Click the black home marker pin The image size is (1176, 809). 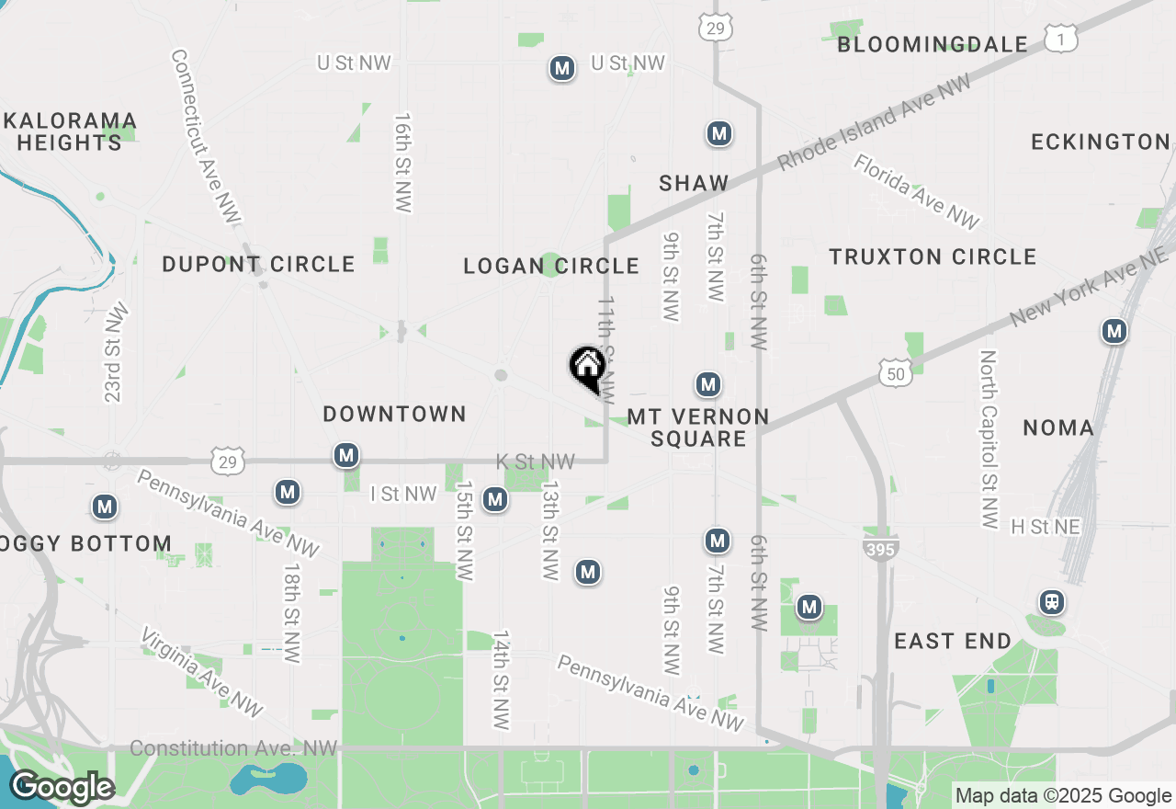587,368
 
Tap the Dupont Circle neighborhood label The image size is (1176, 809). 258,265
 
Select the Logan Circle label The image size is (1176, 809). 551,267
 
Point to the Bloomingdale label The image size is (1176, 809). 933,44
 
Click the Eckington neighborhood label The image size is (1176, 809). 1101,142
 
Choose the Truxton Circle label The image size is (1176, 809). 933,256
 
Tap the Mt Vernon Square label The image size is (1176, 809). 698,427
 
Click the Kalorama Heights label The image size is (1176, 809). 70,131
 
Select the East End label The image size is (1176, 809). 953,641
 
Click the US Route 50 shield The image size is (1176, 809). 895,372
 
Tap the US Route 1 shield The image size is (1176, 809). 1061,39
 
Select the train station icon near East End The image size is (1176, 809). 1052,603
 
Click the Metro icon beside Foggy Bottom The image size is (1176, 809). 105,507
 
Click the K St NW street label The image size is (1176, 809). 535,461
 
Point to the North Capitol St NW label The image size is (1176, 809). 989,439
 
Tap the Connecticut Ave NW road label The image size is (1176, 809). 205,135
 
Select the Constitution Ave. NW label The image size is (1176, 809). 233,748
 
